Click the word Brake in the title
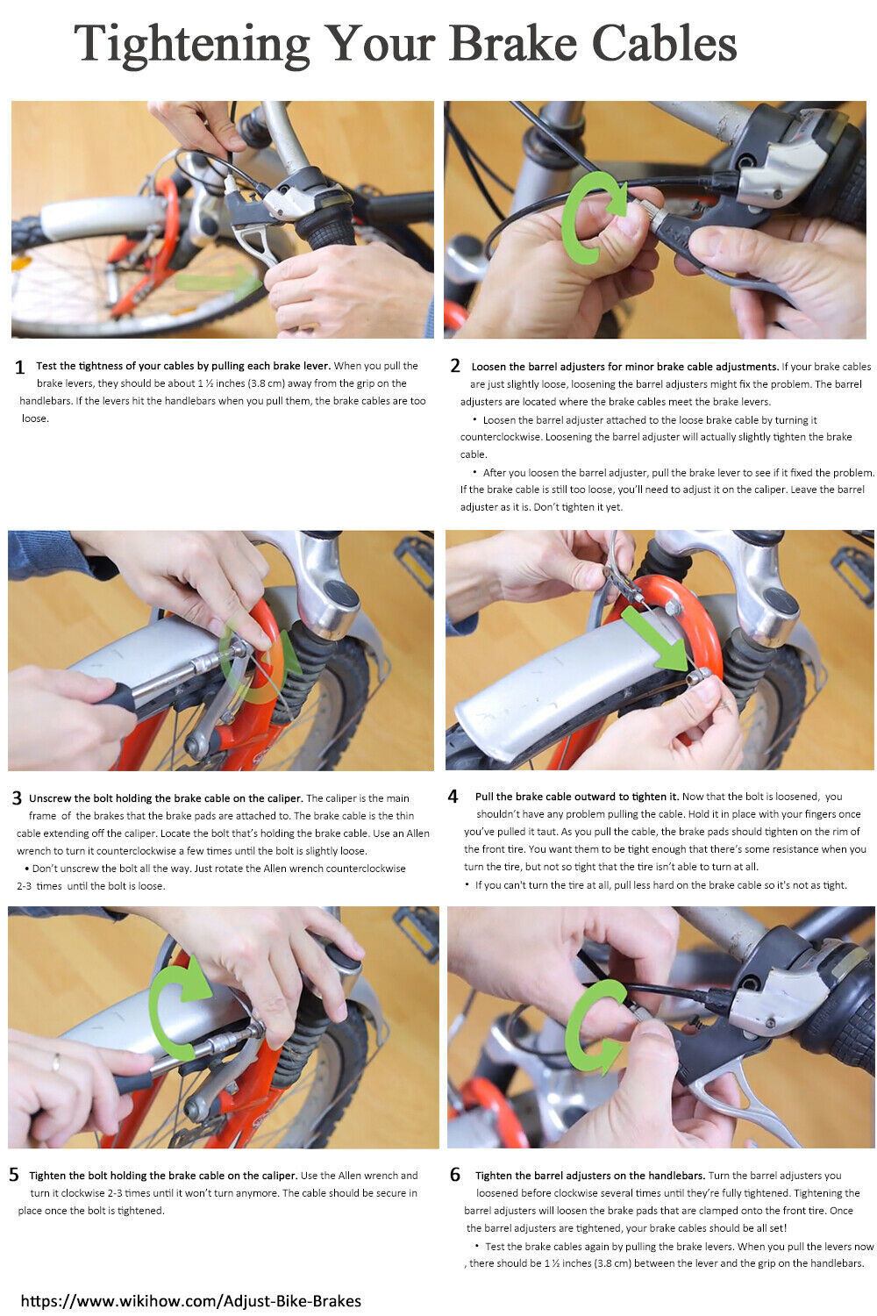click(x=512, y=44)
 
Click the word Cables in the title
click(x=664, y=44)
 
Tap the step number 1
click(x=19, y=368)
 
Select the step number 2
click(x=455, y=366)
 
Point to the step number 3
click(x=17, y=798)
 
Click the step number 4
click(x=453, y=797)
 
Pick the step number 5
click(x=14, y=1175)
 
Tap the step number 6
click(x=455, y=1175)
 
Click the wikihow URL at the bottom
click(x=191, y=1301)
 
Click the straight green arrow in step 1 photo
click(x=218, y=281)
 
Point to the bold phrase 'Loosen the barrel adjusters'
click(x=538, y=367)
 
